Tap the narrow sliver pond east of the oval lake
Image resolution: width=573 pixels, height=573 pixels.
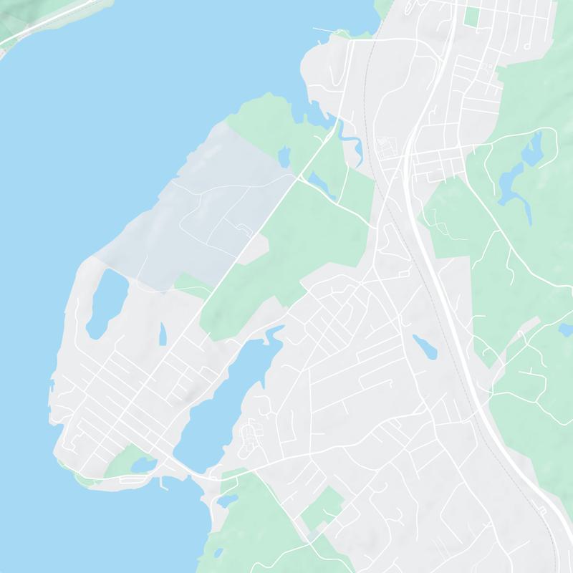163,333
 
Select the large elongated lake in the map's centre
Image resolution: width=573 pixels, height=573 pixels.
222,401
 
